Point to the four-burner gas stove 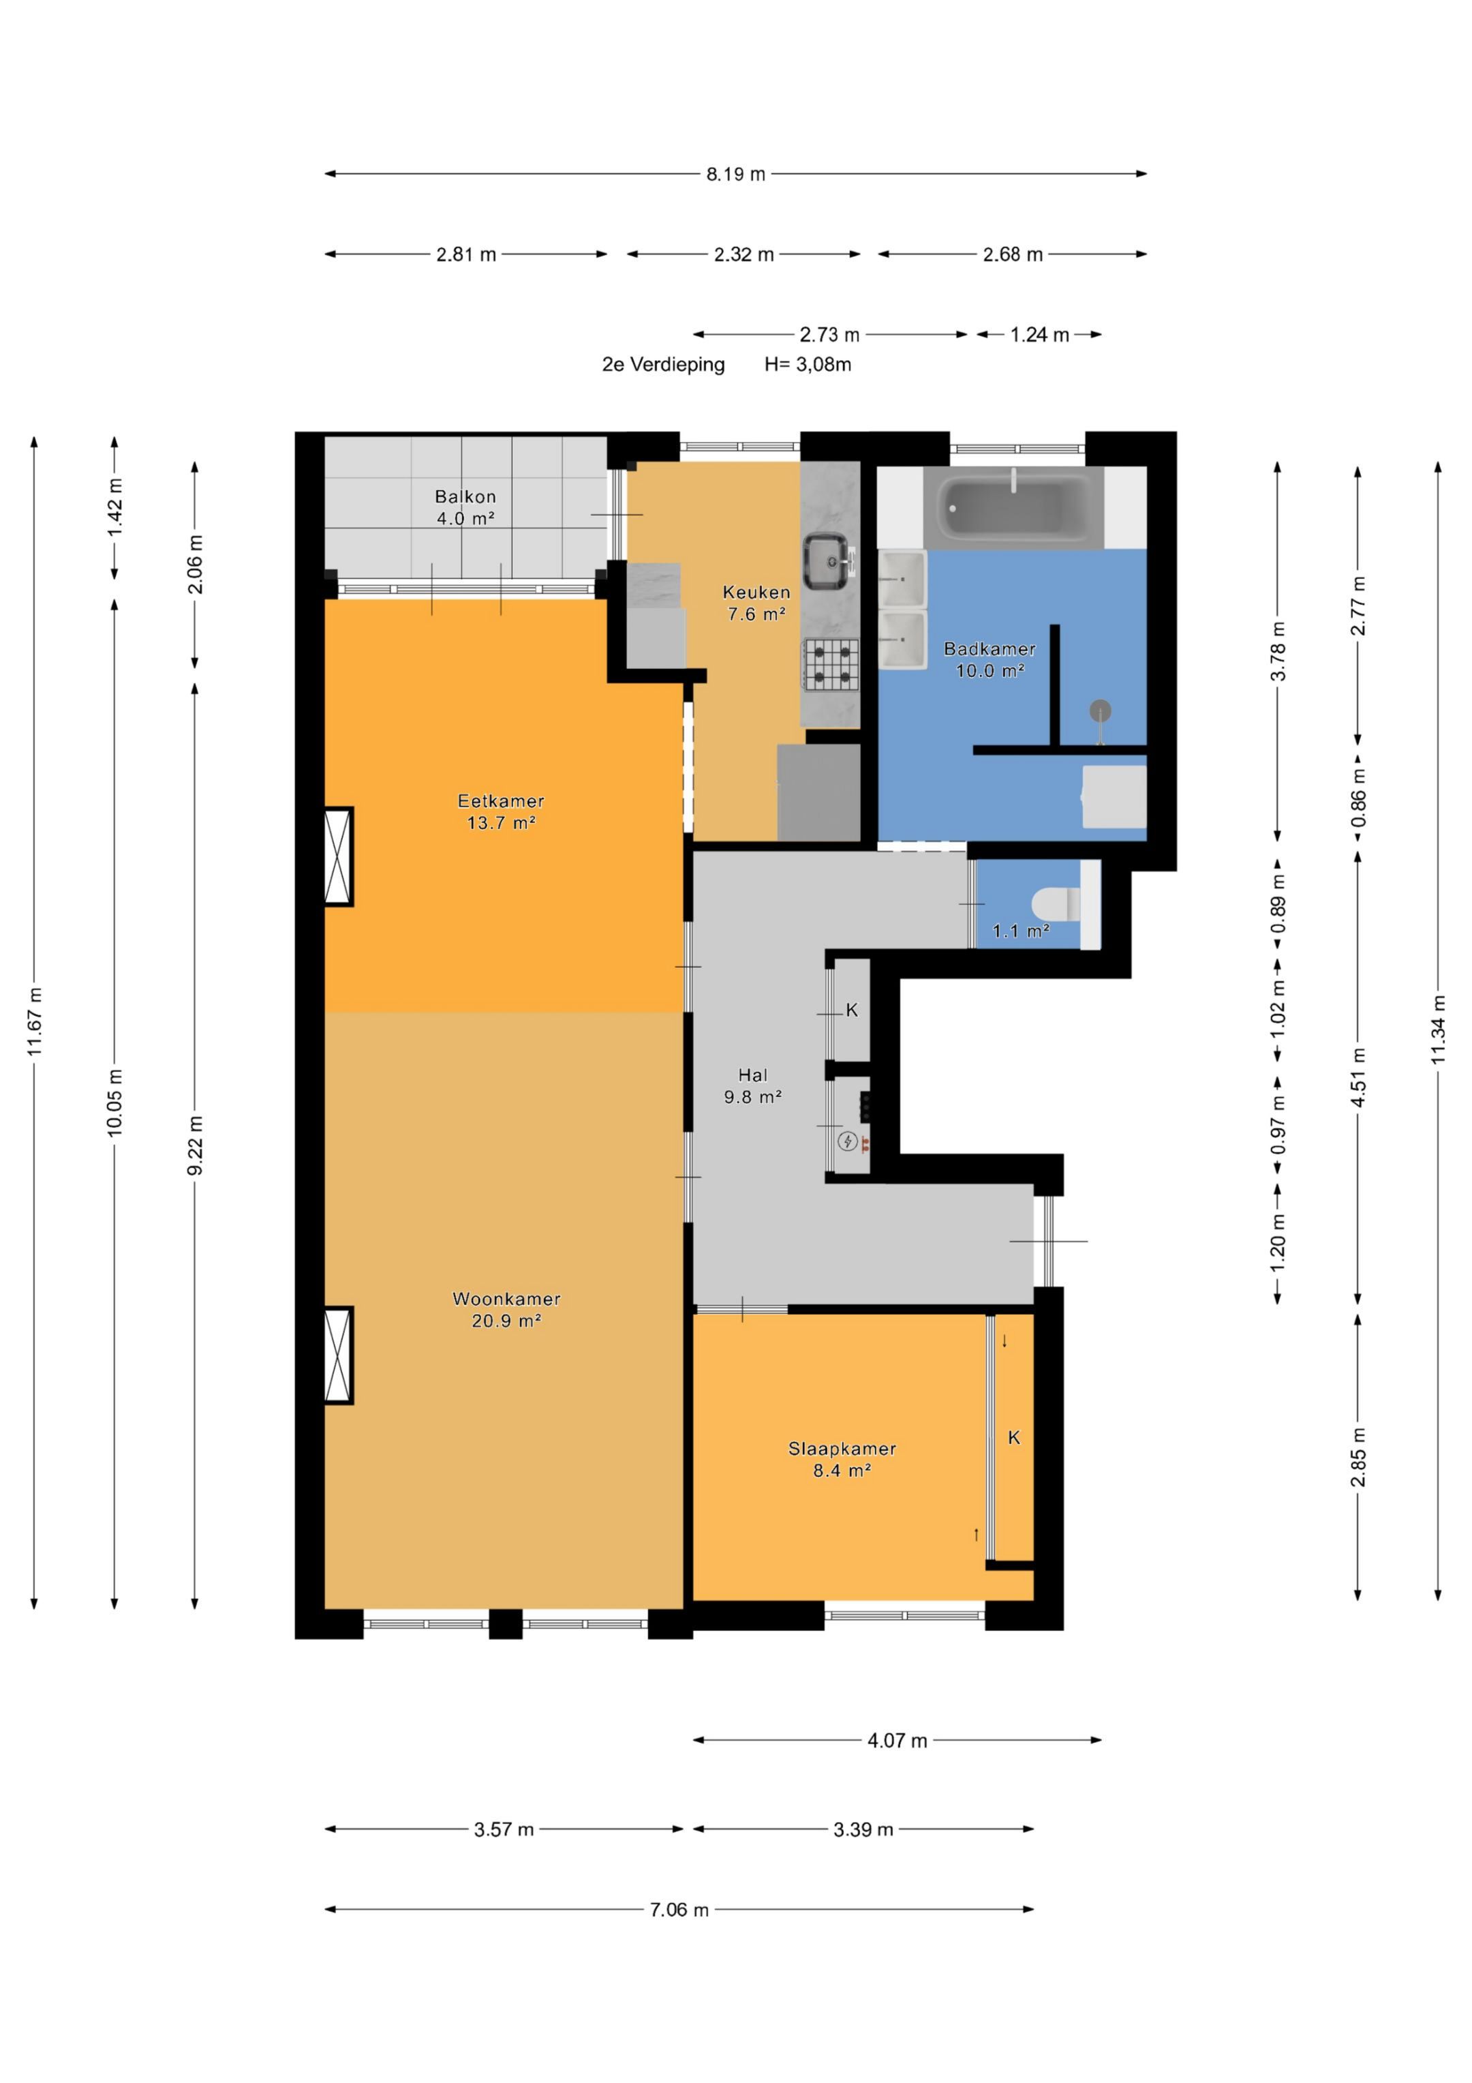click(x=830, y=663)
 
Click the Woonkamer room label click(x=506, y=1298)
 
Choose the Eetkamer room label click(x=501, y=801)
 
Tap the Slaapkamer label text click(x=842, y=1448)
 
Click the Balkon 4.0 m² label click(x=465, y=507)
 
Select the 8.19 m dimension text click(x=735, y=174)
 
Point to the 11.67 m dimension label click(x=35, y=1021)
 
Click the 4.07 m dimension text click(x=897, y=1740)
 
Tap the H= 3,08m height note click(x=807, y=365)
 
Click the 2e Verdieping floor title click(x=663, y=365)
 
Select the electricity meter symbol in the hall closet click(x=847, y=1141)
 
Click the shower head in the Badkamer click(x=1100, y=710)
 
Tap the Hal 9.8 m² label click(x=753, y=1085)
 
